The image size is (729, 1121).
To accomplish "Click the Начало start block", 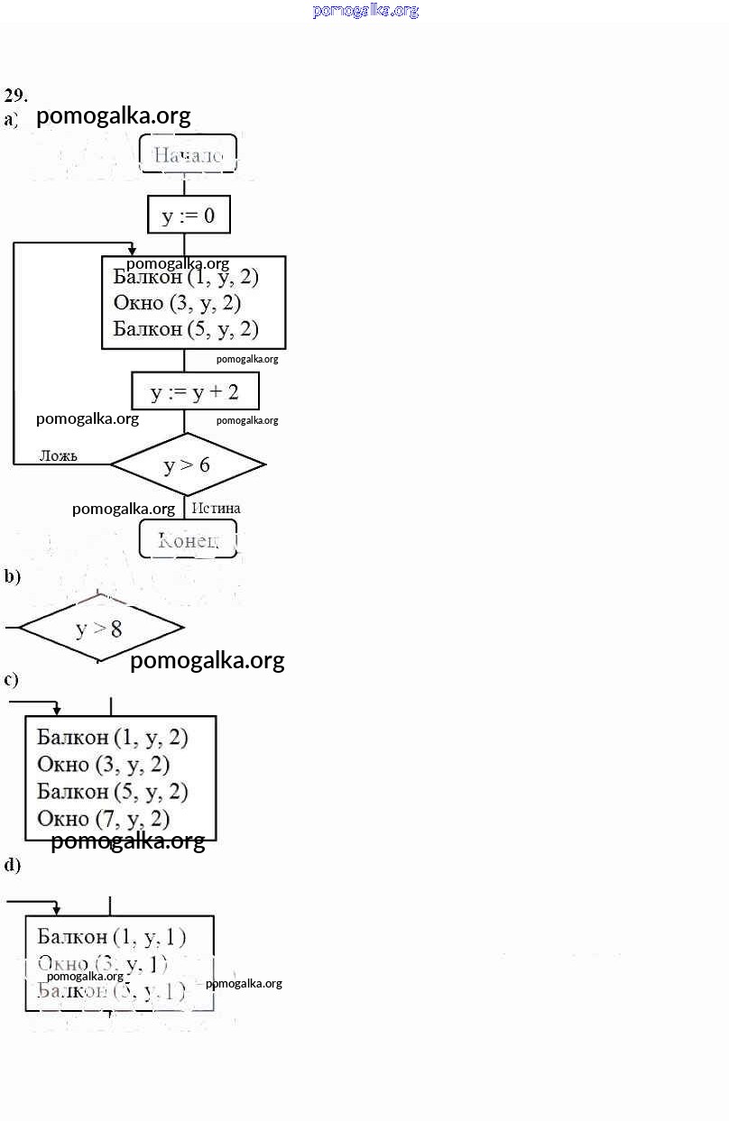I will (x=188, y=154).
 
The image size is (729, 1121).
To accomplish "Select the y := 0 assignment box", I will (x=189, y=216).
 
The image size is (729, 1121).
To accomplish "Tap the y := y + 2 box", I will (x=195, y=392).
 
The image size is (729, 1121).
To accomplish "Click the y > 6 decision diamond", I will (x=188, y=465).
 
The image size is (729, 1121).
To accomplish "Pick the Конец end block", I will (x=188, y=539).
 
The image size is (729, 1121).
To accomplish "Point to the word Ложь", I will (x=58, y=455).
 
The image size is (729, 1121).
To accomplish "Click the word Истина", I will (x=216, y=509).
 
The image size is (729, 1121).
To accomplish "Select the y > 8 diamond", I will (x=99, y=629).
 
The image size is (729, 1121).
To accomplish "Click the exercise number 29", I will (x=15, y=95).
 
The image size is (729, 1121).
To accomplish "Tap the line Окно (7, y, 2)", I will (x=103, y=819).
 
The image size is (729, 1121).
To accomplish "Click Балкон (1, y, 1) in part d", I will (x=112, y=937).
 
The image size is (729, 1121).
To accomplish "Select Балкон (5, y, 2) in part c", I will (x=112, y=792).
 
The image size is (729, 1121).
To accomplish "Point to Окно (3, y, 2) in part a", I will (x=177, y=303).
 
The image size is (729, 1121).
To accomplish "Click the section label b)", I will (x=12, y=576).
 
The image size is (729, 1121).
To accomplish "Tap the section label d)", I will (x=12, y=865).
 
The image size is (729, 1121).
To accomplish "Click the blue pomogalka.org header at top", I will (x=365, y=11).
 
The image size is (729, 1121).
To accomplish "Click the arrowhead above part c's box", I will (x=57, y=711).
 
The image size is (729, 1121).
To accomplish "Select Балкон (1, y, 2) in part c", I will (x=112, y=738).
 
